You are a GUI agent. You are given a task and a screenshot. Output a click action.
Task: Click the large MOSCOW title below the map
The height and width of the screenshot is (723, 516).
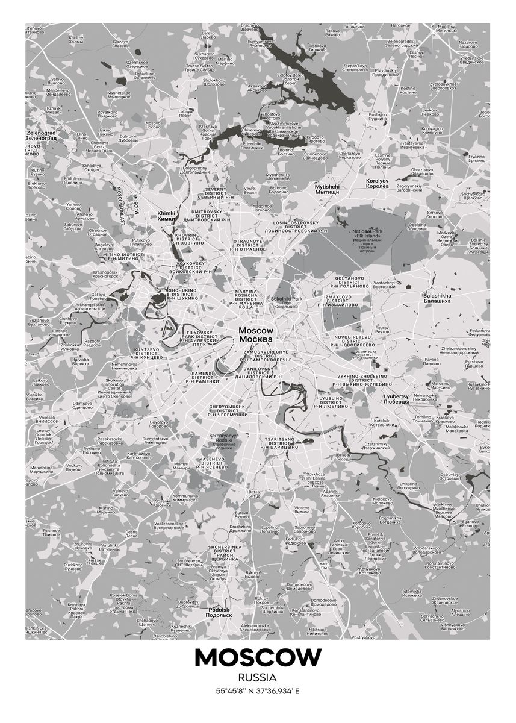pos(258,658)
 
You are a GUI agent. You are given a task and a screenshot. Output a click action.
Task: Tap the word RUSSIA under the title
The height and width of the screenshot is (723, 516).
pos(258,678)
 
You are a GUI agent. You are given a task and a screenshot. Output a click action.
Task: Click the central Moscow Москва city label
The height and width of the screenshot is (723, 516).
pos(256,334)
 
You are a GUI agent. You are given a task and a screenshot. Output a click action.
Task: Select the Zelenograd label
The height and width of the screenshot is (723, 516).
pos(41,134)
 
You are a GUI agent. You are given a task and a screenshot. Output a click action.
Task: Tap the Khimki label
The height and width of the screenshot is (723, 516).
pos(165,216)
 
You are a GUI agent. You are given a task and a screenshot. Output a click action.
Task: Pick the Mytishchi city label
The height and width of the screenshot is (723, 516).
pos(327,189)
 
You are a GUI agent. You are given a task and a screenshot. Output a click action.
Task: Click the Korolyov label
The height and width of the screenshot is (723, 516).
pos(378,183)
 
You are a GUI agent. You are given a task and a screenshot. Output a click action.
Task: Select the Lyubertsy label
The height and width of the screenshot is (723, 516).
pos(396,399)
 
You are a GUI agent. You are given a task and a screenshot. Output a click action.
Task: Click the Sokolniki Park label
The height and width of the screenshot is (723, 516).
pos(287,301)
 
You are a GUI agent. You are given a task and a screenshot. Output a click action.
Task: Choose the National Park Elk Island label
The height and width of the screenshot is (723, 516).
pos(371,241)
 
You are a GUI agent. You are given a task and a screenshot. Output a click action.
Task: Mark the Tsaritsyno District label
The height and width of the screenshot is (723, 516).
pos(279,443)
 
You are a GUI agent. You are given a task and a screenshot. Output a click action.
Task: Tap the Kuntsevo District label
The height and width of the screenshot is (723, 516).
pos(149,353)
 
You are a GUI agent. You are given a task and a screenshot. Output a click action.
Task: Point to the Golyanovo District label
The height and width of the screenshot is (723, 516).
pos(350,281)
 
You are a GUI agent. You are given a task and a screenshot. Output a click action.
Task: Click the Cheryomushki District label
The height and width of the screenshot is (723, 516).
pos(228,410)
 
